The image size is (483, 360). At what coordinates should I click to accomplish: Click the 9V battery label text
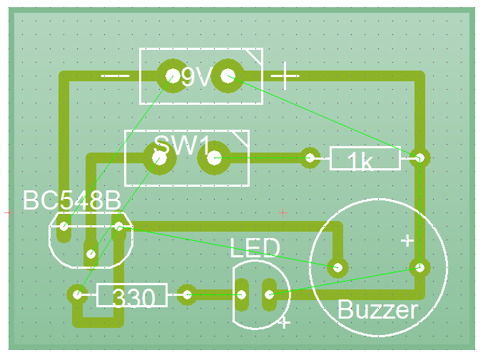pos(196,77)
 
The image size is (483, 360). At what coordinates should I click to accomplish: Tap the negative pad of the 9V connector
pos(171,75)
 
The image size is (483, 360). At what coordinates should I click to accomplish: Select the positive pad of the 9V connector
pos(228,76)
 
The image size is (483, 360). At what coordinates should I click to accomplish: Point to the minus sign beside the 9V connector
pos(115,75)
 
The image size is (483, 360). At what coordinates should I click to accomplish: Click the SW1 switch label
pos(182,146)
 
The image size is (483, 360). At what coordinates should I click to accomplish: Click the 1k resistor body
pos(365,159)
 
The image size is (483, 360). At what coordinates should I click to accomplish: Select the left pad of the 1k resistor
pos(310,158)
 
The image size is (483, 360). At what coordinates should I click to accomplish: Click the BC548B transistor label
pos(71,200)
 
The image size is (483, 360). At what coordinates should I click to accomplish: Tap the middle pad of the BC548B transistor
pos(91,252)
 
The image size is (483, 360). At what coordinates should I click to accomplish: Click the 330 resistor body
pos(132,295)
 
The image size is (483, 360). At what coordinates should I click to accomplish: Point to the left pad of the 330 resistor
pos(77,293)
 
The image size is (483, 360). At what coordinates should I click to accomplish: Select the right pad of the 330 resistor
pos(188,294)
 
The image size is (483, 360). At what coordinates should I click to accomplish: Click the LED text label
pos(255,248)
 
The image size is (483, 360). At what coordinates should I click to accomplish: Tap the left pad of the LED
pos(242,294)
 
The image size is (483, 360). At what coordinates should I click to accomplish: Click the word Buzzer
pos(377,310)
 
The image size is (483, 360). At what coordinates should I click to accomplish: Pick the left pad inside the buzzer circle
pos(337,268)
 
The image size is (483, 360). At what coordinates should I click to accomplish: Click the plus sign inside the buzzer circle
pos(407,240)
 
